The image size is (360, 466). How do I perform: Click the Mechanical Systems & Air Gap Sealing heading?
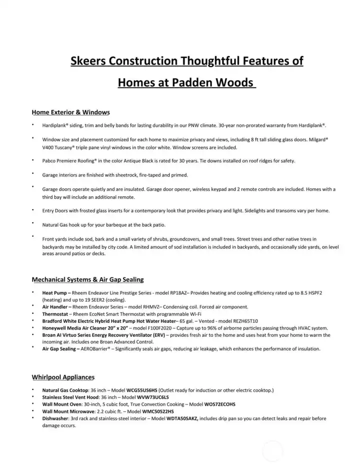click(x=88, y=279)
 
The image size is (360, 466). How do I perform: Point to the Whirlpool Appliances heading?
click(x=63, y=377)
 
